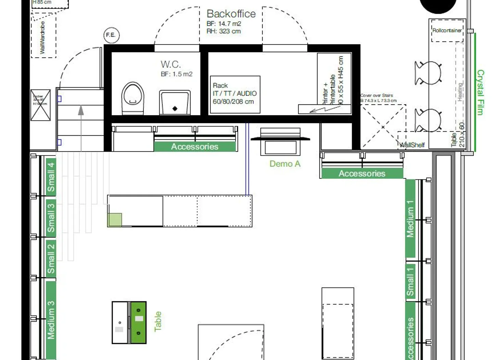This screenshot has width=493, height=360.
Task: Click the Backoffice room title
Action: (231, 14)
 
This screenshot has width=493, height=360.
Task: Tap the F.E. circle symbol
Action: (111, 35)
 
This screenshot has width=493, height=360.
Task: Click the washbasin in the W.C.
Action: (175, 102)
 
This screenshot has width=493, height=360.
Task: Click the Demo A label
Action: (285, 164)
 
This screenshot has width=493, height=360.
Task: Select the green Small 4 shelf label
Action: (51, 177)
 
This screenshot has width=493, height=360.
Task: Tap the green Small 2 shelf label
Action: (51, 258)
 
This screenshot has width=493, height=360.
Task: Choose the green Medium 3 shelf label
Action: (51, 320)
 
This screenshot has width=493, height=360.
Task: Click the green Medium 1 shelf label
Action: (410, 219)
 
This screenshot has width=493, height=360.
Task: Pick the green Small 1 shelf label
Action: (410, 282)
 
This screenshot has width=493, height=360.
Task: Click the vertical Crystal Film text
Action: (481, 92)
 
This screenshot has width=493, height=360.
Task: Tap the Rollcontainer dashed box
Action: (447, 30)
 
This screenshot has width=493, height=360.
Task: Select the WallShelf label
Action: (412, 145)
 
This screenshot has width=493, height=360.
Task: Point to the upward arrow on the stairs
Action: (81, 110)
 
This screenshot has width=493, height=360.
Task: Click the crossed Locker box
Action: (40, 105)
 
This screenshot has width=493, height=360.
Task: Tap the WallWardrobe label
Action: (43, 37)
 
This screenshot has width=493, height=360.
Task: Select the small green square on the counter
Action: (115, 220)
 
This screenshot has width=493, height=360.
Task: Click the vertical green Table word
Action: (157, 321)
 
